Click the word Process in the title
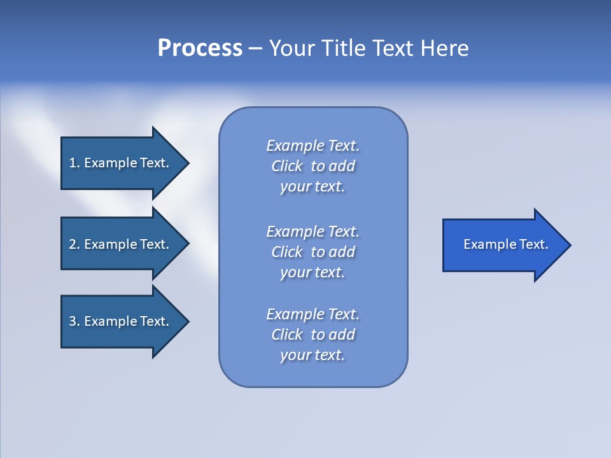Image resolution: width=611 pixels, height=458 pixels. pyautogui.click(x=200, y=48)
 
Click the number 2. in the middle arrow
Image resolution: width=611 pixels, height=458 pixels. pyautogui.click(x=74, y=244)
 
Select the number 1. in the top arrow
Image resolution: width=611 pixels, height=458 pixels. pyautogui.click(x=74, y=163)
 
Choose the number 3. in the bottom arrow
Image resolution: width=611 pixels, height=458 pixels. pyautogui.click(x=74, y=321)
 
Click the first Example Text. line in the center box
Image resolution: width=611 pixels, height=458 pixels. pyautogui.click(x=313, y=146)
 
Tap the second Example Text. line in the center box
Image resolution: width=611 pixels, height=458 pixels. pyautogui.click(x=313, y=232)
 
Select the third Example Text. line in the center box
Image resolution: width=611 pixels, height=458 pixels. pyautogui.click(x=313, y=314)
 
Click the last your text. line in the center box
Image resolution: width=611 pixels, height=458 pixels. pyautogui.click(x=313, y=355)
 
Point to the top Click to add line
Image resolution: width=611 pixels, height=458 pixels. pyautogui.click(x=313, y=166)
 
